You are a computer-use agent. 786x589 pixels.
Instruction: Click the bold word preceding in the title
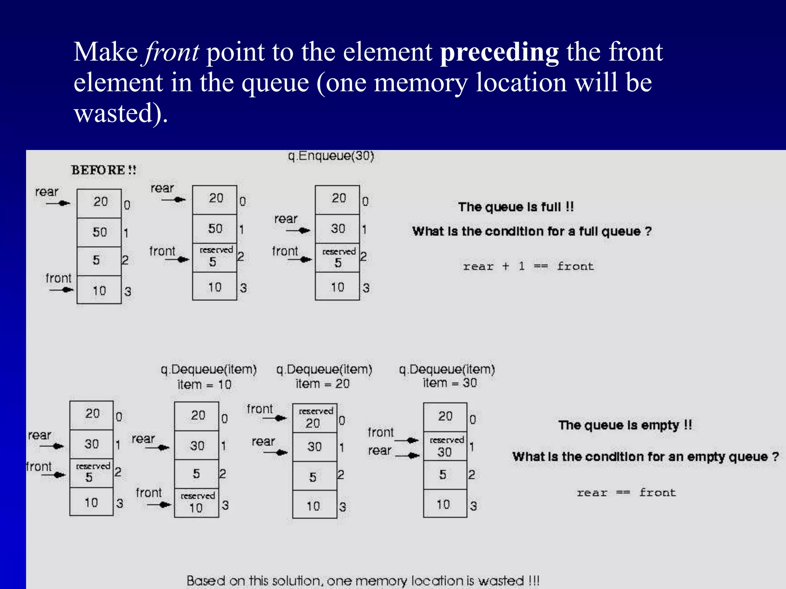click(x=499, y=52)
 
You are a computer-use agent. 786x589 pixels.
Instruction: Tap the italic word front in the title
click(x=172, y=52)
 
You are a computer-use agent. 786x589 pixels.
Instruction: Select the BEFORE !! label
click(x=104, y=170)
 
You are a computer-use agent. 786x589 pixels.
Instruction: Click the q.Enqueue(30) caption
click(x=331, y=156)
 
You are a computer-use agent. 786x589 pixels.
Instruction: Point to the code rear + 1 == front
click(x=528, y=266)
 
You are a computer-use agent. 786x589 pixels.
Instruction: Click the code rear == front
click(x=626, y=492)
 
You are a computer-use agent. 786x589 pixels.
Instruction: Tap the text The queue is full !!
click(x=516, y=207)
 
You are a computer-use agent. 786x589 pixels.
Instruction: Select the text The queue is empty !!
click(x=625, y=425)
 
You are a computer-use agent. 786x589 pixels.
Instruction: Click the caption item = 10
click(x=204, y=384)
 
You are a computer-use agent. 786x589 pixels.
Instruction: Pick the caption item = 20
click(x=322, y=383)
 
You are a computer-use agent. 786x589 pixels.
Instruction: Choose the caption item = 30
click(x=450, y=383)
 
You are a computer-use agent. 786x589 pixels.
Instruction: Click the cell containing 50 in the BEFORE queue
click(x=99, y=232)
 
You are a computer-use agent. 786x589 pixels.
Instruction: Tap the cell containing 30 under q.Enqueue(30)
click(x=337, y=229)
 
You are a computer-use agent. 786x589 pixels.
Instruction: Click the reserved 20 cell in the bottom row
click(x=315, y=418)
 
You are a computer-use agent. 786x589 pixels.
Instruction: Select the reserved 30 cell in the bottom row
click(x=445, y=446)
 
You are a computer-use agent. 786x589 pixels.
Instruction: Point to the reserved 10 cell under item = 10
click(x=196, y=503)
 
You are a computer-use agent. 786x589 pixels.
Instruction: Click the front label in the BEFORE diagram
click(x=58, y=278)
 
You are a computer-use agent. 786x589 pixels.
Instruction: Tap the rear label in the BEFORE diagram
click(x=46, y=192)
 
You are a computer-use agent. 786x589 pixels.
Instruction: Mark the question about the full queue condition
click(x=532, y=232)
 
